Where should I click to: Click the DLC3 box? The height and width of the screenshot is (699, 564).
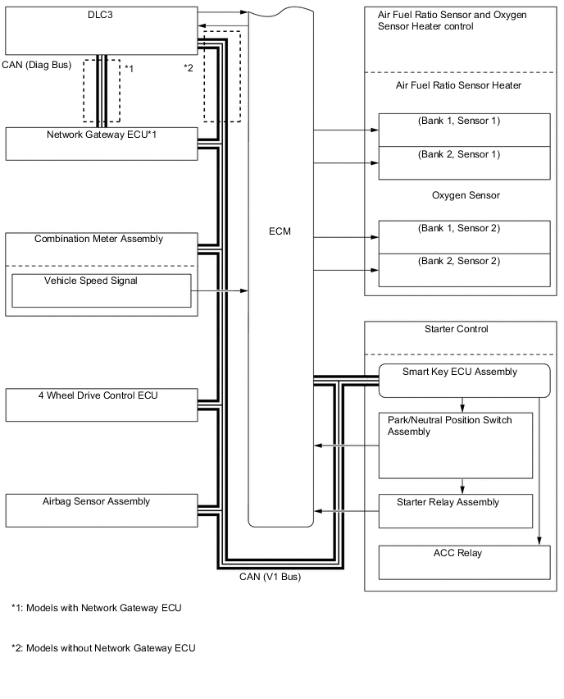(x=101, y=30)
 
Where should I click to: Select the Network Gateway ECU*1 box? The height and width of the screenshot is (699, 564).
(x=101, y=143)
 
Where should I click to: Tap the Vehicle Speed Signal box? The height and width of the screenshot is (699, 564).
(x=102, y=290)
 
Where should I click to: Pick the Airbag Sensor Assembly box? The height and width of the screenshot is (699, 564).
(x=101, y=509)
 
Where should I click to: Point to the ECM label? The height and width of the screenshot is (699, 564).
(x=280, y=232)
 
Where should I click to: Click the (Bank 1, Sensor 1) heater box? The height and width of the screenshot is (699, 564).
(x=463, y=130)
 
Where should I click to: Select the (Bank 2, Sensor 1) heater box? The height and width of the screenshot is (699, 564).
(x=463, y=162)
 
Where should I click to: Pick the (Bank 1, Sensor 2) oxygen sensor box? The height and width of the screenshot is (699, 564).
(x=463, y=237)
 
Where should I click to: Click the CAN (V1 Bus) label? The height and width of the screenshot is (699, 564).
(x=270, y=577)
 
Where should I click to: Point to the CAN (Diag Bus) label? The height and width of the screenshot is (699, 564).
(x=37, y=64)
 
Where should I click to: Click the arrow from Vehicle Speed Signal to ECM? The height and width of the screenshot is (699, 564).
(x=221, y=290)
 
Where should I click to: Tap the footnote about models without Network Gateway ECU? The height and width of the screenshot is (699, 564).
(x=103, y=648)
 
